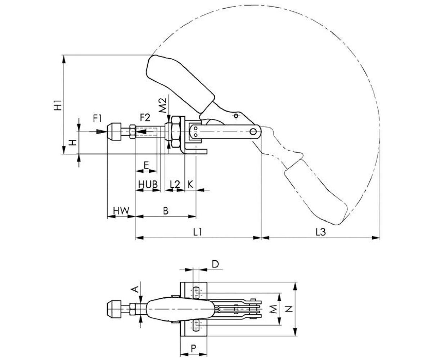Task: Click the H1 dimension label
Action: [58, 105]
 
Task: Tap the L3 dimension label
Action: [321, 232]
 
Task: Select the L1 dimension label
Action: [197, 232]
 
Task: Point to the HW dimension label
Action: [121, 211]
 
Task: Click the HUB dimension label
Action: [148, 184]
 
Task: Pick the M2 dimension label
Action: [163, 105]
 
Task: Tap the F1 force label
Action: [97, 118]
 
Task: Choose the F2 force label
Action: [145, 117]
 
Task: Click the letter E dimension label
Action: [146, 165]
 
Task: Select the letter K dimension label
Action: [190, 184]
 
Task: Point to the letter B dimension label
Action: [166, 211]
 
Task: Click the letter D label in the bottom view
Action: [215, 264]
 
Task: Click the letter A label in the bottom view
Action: [135, 289]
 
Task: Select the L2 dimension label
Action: [175, 184]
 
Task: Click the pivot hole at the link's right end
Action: [253, 132]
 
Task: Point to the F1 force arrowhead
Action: [100, 132]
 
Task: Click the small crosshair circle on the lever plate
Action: [236, 116]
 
